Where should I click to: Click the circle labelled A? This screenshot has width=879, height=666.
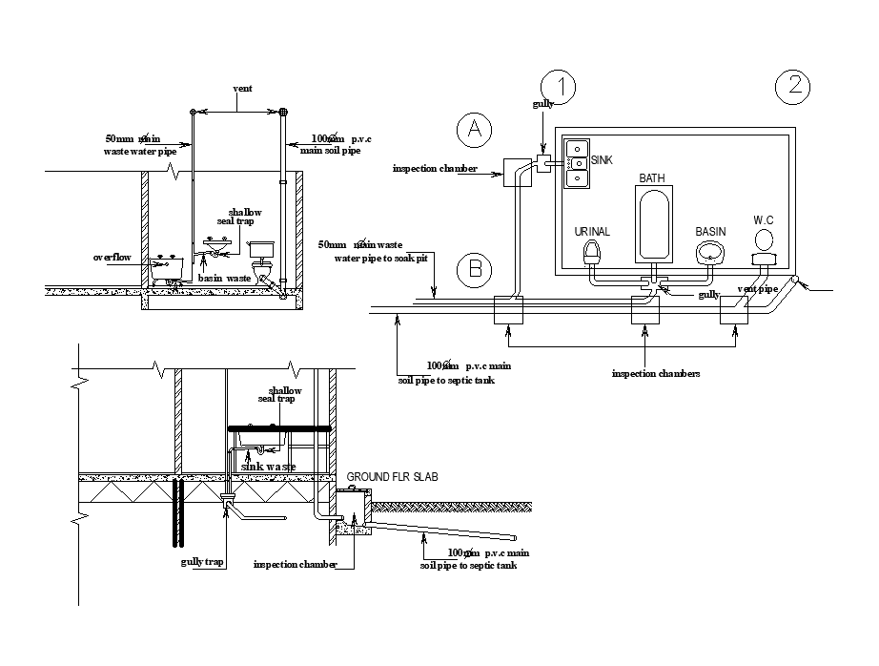point(473,131)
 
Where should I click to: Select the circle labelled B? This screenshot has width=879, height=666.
point(473,270)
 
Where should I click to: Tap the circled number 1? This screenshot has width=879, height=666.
point(560,87)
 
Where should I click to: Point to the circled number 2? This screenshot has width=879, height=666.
point(793,87)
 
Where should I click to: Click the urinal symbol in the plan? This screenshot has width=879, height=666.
point(592,254)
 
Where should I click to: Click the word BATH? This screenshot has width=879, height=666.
point(652,178)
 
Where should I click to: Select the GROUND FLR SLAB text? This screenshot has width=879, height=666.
point(392,476)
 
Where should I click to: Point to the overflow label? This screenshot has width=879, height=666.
point(113,258)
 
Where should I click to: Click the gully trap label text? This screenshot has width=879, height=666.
point(202,562)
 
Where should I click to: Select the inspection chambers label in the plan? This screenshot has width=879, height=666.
point(656,373)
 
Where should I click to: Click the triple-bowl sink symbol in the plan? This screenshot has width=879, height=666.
point(575,163)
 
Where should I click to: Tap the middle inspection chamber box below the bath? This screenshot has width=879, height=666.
point(647,311)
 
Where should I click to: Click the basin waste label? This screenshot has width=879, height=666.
point(224,278)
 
